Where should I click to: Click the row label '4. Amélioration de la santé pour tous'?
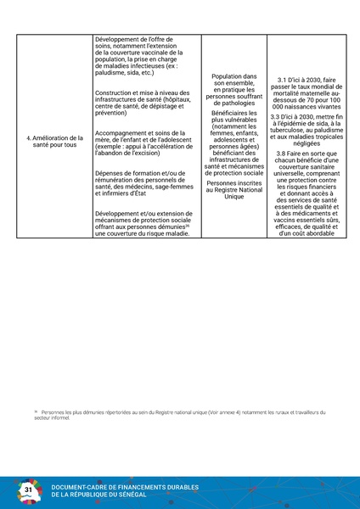[53, 141]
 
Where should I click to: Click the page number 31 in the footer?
[28, 490]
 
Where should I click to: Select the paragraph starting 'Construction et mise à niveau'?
[143, 101]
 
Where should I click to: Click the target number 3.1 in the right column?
[286, 78]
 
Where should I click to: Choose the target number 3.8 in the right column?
[286, 153]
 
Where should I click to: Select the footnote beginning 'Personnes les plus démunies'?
[179, 415]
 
